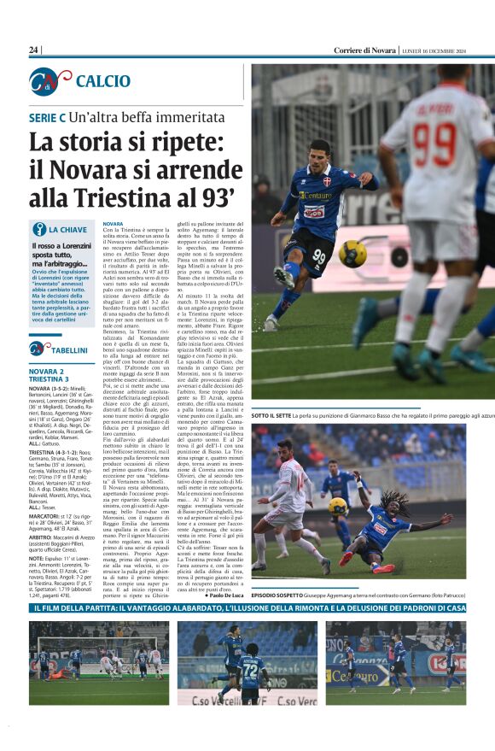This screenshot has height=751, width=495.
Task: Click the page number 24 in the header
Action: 34,50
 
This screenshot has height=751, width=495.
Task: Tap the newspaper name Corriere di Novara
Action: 365,50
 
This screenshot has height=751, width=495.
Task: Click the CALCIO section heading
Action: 102,81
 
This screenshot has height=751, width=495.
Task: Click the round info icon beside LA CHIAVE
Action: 38,229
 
